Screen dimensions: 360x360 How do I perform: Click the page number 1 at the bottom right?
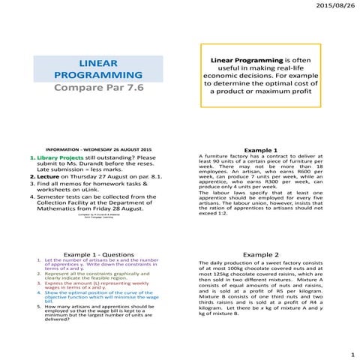point(351,352)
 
